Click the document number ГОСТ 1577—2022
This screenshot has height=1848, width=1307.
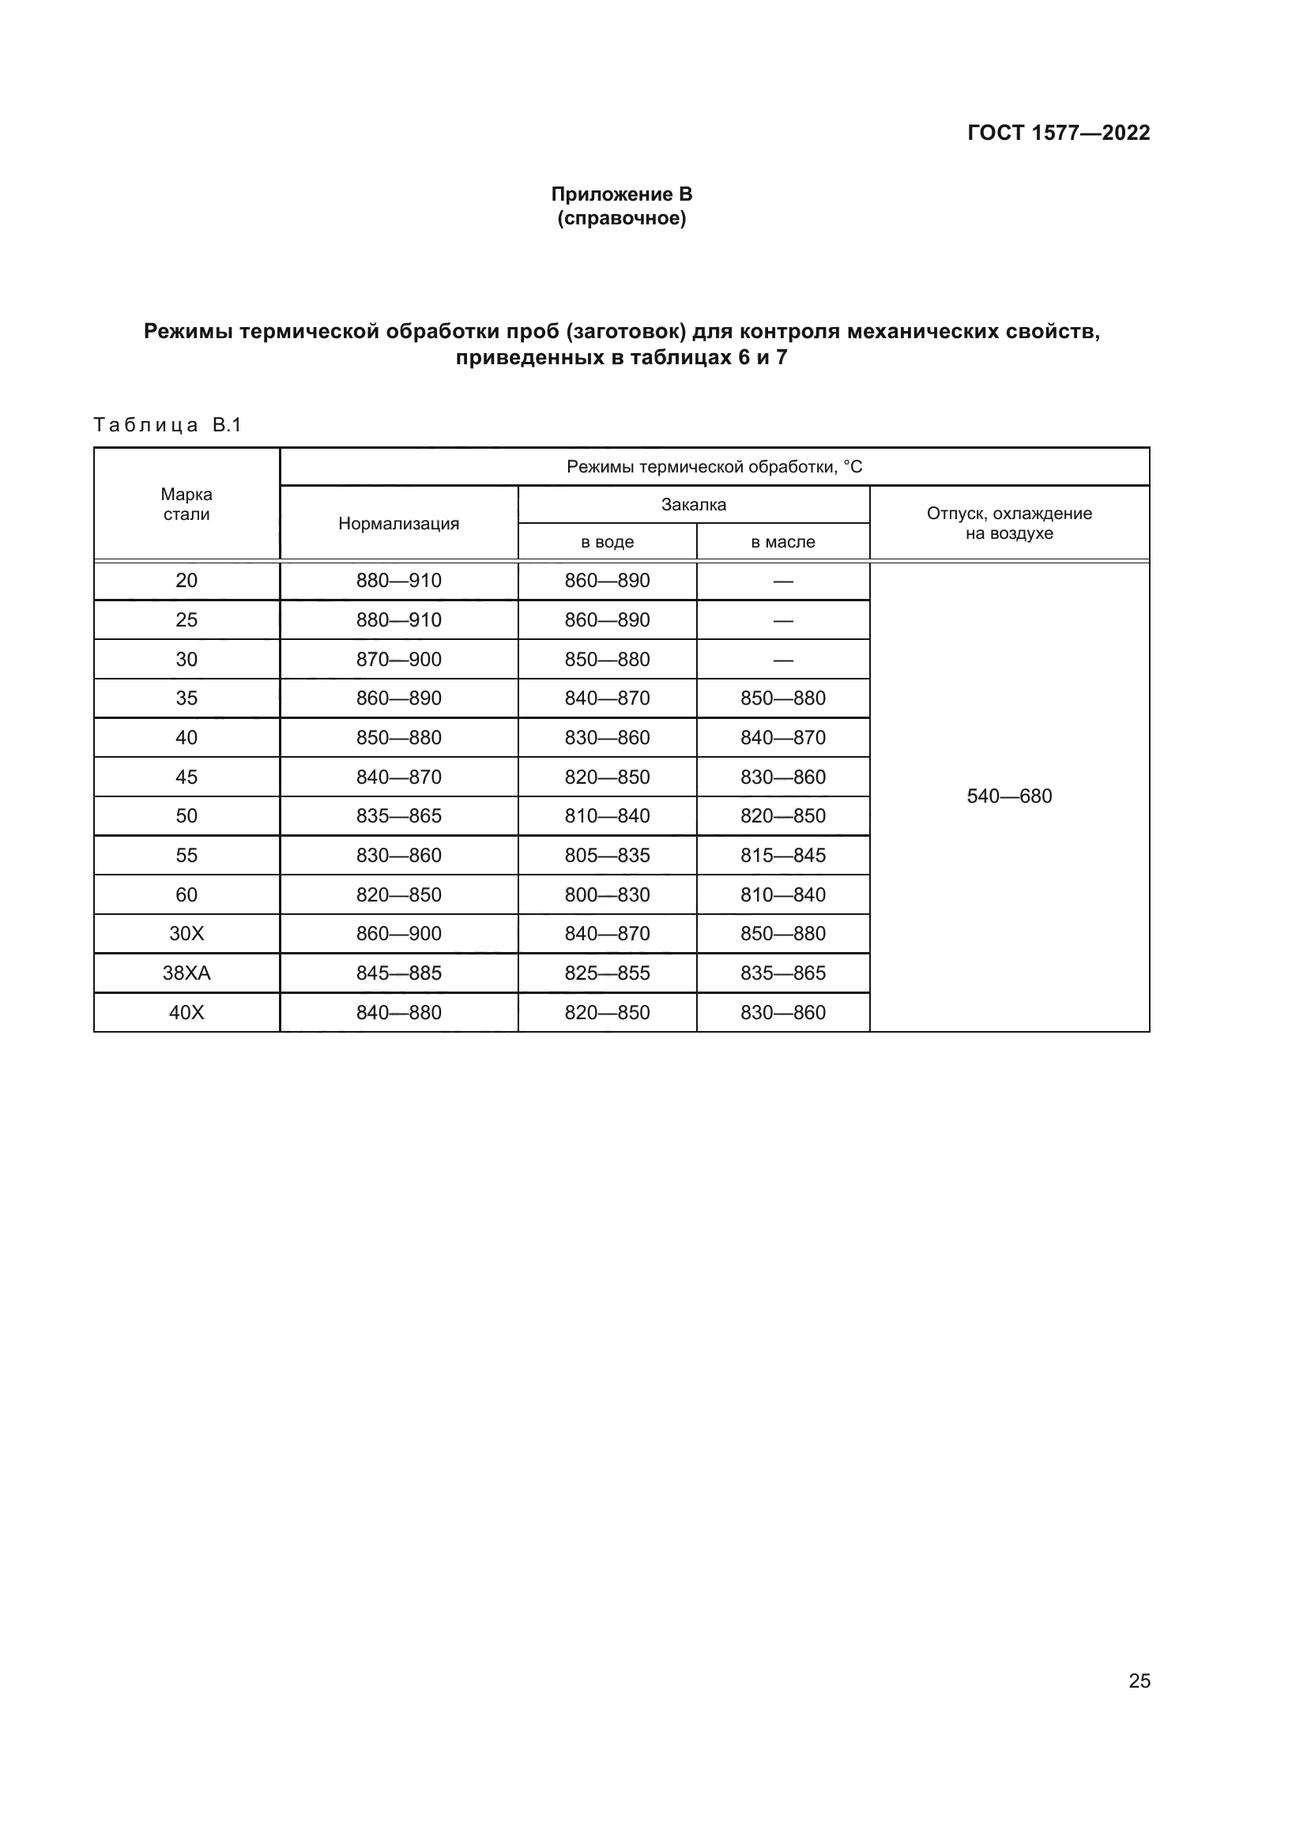click(x=1058, y=133)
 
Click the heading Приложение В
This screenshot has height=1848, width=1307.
click(x=621, y=194)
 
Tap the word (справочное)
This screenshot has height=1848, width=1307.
click(x=621, y=218)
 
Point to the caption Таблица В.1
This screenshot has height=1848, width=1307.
click(x=168, y=425)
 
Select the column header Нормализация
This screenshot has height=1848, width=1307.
click(x=398, y=524)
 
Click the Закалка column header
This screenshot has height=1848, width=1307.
click(x=693, y=505)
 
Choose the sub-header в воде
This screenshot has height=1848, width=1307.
click(x=607, y=543)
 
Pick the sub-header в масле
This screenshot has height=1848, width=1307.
click(x=782, y=543)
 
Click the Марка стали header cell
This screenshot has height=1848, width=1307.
click(x=186, y=505)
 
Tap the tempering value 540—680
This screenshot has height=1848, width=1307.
click(x=1009, y=796)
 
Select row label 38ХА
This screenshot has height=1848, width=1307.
click(x=186, y=973)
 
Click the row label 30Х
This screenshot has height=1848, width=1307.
click(x=186, y=934)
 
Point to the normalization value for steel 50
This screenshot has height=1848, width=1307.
click(x=398, y=816)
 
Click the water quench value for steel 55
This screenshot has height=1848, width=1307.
click(x=607, y=856)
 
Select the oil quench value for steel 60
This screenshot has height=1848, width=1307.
click(x=782, y=895)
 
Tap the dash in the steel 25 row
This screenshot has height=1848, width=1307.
click(x=782, y=620)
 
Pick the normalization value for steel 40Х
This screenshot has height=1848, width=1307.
click(x=398, y=1013)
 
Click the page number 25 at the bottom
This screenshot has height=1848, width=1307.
click(x=1139, y=1681)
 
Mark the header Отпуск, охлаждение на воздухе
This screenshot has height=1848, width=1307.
click(x=1009, y=523)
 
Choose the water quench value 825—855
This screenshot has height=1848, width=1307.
click(x=607, y=973)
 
